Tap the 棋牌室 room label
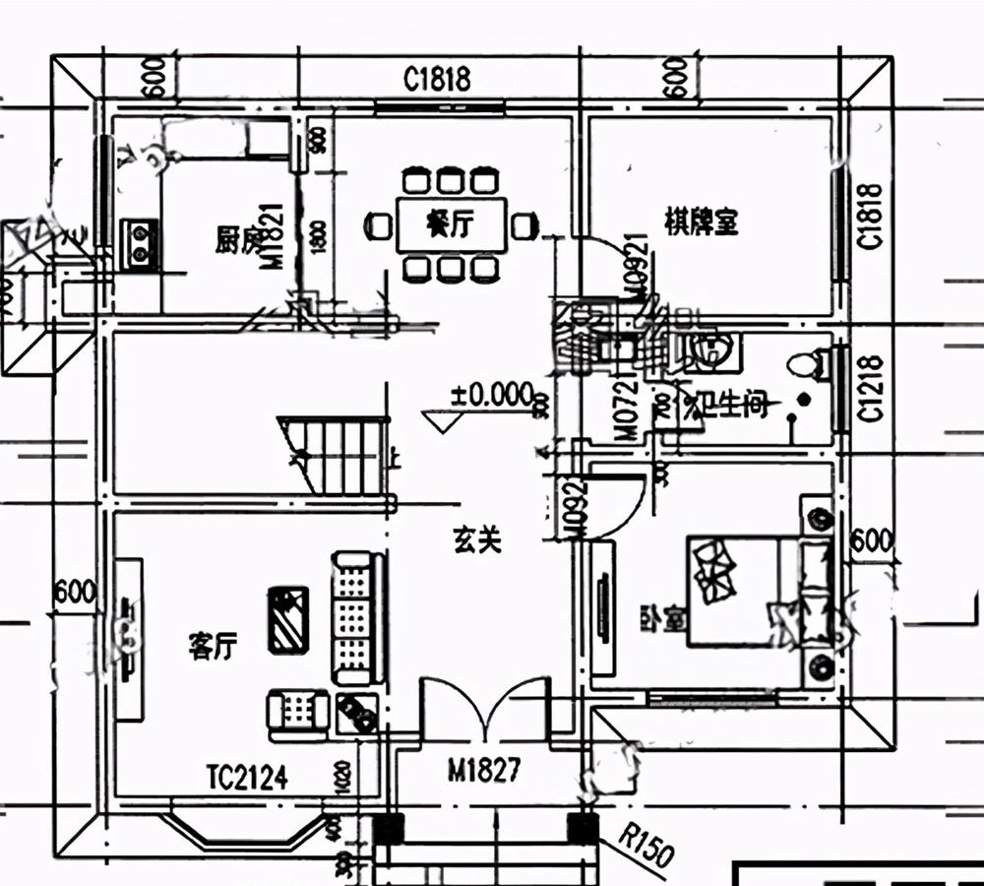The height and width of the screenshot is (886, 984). point(701,224)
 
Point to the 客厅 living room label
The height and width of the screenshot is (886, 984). point(213,647)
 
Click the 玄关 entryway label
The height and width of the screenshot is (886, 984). point(477,539)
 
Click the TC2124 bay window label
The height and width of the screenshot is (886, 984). point(247,780)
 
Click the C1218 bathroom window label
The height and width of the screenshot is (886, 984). point(870,388)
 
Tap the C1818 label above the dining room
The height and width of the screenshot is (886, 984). point(437,79)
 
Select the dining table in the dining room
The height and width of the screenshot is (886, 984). point(451,225)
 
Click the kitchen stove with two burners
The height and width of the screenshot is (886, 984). point(139,243)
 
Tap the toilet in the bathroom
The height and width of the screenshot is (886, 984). point(805,365)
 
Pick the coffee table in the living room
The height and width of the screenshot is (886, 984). point(288,619)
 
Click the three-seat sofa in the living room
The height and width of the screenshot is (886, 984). point(357,617)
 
